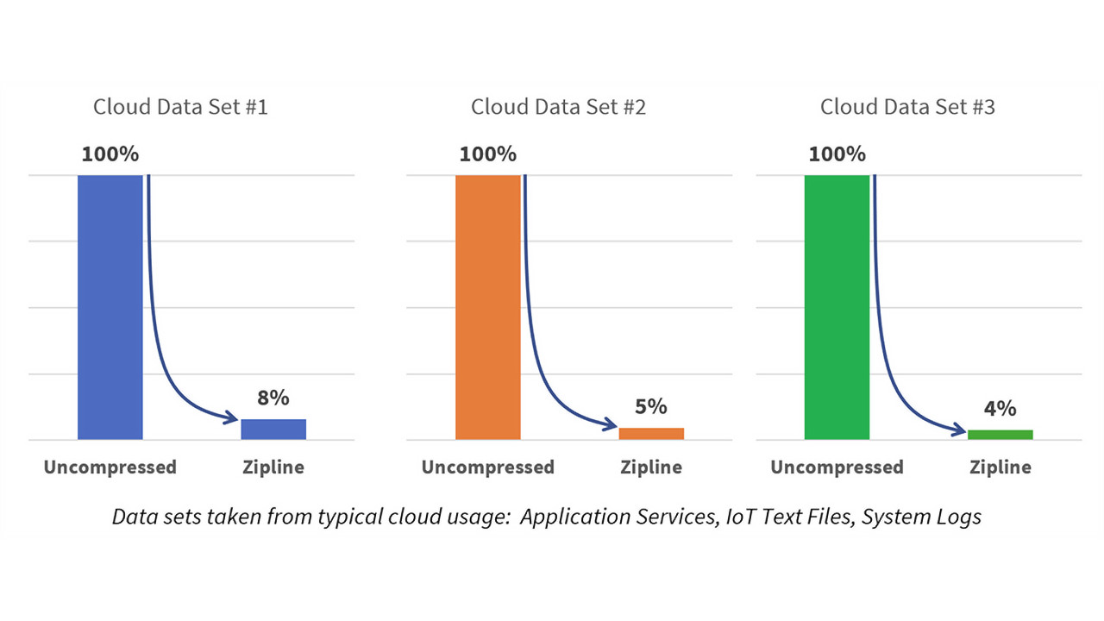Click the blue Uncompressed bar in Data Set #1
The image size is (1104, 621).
click(x=110, y=307)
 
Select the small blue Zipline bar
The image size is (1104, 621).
click(x=273, y=429)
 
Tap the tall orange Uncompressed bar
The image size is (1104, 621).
click(x=487, y=307)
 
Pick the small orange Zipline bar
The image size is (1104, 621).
click(x=651, y=433)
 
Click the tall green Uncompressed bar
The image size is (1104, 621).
click(x=837, y=307)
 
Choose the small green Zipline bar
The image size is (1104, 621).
click(x=1000, y=434)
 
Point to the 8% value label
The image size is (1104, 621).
click(x=273, y=398)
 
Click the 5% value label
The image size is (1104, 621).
click(x=651, y=406)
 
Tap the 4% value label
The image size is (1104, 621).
click(x=1000, y=408)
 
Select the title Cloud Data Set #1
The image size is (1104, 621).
click(x=180, y=107)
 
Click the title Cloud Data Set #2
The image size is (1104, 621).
click(x=558, y=107)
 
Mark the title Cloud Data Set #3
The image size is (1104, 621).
click(x=907, y=107)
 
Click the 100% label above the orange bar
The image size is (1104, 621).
click(x=487, y=154)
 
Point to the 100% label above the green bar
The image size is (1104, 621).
click(x=837, y=154)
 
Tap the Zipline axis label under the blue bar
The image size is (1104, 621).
click(x=273, y=467)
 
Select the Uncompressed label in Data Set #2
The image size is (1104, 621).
click(x=487, y=467)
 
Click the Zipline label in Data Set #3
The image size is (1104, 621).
click(x=1000, y=467)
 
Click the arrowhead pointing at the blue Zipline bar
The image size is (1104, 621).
click(x=231, y=419)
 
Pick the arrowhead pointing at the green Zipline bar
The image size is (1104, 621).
click(x=958, y=429)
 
